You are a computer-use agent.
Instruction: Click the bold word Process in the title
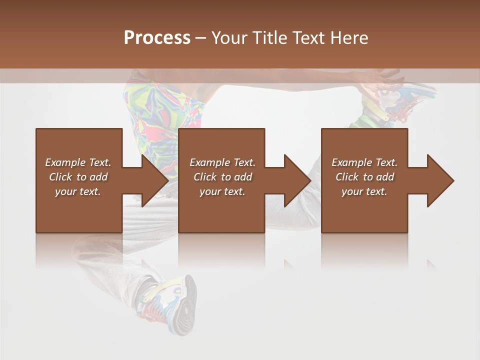[157, 38]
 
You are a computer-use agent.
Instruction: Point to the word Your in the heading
[230, 38]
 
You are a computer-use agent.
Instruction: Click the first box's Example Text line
[78, 162]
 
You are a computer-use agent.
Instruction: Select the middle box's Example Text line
[222, 162]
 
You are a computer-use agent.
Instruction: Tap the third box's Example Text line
[364, 162]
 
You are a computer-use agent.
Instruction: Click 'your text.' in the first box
[78, 191]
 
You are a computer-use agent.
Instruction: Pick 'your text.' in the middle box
[222, 191]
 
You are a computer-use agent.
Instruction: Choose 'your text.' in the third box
[364, 191]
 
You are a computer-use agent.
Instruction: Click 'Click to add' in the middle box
[222, 177]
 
